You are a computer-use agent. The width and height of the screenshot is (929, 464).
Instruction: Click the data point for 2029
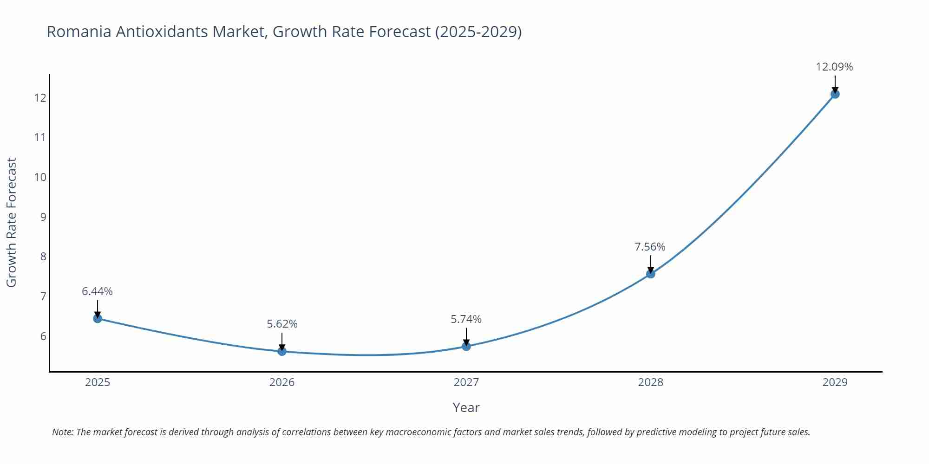pyautogui.click(x=835, y=94)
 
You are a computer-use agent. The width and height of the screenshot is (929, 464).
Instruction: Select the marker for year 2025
pyautogui.click(x=98, y=318)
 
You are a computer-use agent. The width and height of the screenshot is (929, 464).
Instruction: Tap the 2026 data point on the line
pyautogui.click(x=282, y=351)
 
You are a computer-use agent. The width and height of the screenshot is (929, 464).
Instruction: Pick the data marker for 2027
pyautogui.click(x=466, y=346)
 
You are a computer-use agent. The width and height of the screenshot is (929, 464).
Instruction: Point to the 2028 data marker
pyautogui.click(x=651, y=274)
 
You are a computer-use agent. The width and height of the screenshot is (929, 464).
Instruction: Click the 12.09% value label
pyautogui.click(x=834, y=67)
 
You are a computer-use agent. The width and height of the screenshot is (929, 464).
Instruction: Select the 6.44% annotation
pyautogui.click(x=97, y=291)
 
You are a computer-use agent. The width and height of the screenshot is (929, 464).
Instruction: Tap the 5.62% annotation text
pyautogui.click(x=282, y=324)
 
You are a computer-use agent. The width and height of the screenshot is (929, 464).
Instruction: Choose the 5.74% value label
pyautogui.click(x=466, y=319)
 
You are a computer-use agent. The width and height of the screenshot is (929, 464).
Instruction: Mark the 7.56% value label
pyautogui.click(x=650, y=247)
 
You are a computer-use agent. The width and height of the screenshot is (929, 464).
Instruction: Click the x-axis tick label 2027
pyautogui.click(x=466, y=382)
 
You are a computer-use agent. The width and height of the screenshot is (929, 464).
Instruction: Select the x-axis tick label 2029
pyautogui.click(x=835, y=382)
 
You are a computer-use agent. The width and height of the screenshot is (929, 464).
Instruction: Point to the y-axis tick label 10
pyautogui.click(x=40, y=177)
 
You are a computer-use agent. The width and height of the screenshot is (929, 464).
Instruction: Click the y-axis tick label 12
pyautogui.click(x=40, y=98)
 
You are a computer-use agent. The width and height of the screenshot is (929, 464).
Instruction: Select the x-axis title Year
pyautogui.click(x=466, y=407)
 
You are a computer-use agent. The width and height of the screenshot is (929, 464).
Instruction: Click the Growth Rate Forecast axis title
pyautogui.click(x=12, y=222)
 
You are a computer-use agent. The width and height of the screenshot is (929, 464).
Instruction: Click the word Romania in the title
pyautogui.click(x=79, y=32)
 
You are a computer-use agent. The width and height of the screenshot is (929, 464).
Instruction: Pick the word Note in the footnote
pyautogui.click(x=62, y=432)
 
